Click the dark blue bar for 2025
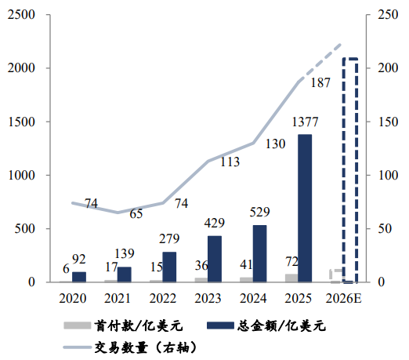click(305, 209)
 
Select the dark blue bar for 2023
click(215, 259)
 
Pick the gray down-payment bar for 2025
click(291, 278)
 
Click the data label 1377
click(305, 122)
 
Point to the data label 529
click(259, 212)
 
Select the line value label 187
click(320, 82)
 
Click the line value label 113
click(230, 162)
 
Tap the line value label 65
click(136, 213)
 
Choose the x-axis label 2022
click(163, 298)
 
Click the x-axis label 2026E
click(343, 298)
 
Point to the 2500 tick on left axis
click(21, 15)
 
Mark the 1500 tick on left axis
click(21, 122)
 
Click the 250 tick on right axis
click(388, 15)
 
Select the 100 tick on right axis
click(388, 175)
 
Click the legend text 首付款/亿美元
click(139, 325)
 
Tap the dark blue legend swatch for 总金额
click(220, 325)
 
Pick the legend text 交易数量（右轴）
click(146, 347)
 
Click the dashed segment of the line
click(320, 63)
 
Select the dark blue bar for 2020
click(79, 277)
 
